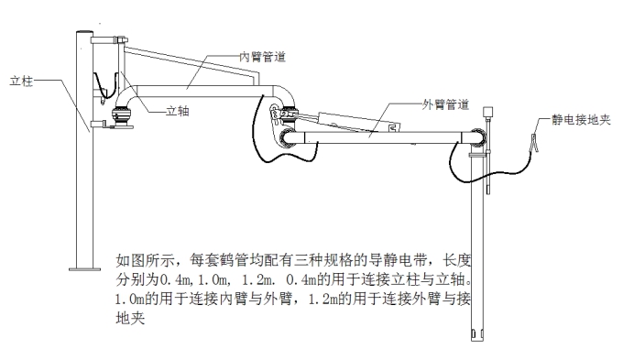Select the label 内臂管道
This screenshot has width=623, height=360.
point(262,56)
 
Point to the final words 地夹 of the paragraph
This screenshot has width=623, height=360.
point(129,319)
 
